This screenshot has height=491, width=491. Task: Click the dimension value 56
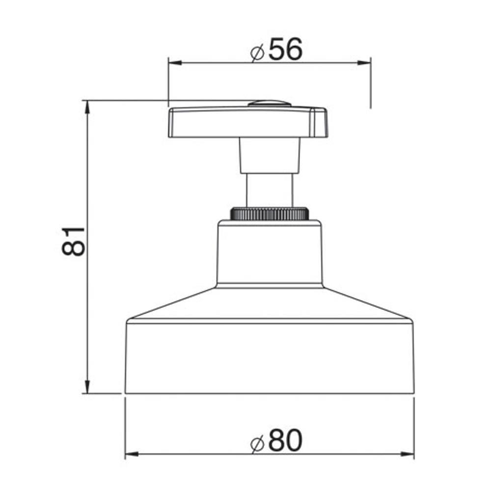pos(285,50)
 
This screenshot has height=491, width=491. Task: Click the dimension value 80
pos(285,440)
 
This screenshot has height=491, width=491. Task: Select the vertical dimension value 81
pos(74,242)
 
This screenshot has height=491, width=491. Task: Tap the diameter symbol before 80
pos(257,443)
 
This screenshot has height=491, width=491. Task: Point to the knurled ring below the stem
pos(270,214)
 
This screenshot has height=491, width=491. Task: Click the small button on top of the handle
pos(269,104)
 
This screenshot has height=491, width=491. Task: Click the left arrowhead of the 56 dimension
pos(175,63)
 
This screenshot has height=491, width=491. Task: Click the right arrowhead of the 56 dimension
pos(364,63)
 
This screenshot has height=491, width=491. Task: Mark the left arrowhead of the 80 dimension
pos(132,454)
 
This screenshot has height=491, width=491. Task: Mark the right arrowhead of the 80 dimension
pos(407,454)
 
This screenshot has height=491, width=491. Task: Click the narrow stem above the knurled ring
pos(270,191)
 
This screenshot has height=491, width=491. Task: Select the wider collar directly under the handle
pos(270,155)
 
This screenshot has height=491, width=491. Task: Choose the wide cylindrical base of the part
pos(270,358)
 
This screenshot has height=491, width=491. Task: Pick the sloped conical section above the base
pos(270,304)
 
